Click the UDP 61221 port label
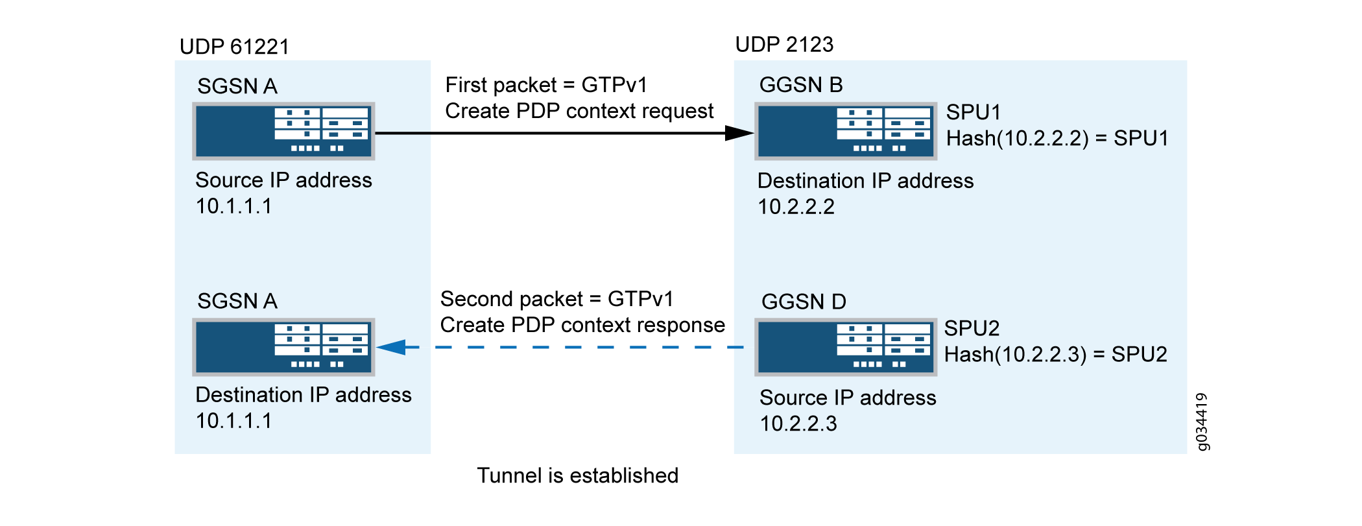(x=234, y=47)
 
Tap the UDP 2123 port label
(x=784, y=44)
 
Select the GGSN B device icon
(x=846, y=131)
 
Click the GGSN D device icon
(x=846, y=347)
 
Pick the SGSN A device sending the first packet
(x=283, y=131)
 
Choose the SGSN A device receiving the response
(x=283, y=347)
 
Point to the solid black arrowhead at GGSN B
(x=739, y=133)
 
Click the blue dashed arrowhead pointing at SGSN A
(x=391, y=348)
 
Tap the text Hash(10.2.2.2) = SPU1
(x=1057, y=138)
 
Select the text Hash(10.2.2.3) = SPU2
(x=1055, y=354)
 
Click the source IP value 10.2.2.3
(x=798, y=424)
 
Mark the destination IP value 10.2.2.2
(x=796, y=207)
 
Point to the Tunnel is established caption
(x=577, y=475)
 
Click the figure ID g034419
(x=1202, y=422)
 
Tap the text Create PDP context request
(x=579, y=111)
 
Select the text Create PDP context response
(x=582, y=325)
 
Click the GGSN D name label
(x=804, y=302)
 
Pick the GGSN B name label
(x=801, y=85)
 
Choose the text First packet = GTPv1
(x=546, y=85)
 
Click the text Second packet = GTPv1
(x=556, y=299)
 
